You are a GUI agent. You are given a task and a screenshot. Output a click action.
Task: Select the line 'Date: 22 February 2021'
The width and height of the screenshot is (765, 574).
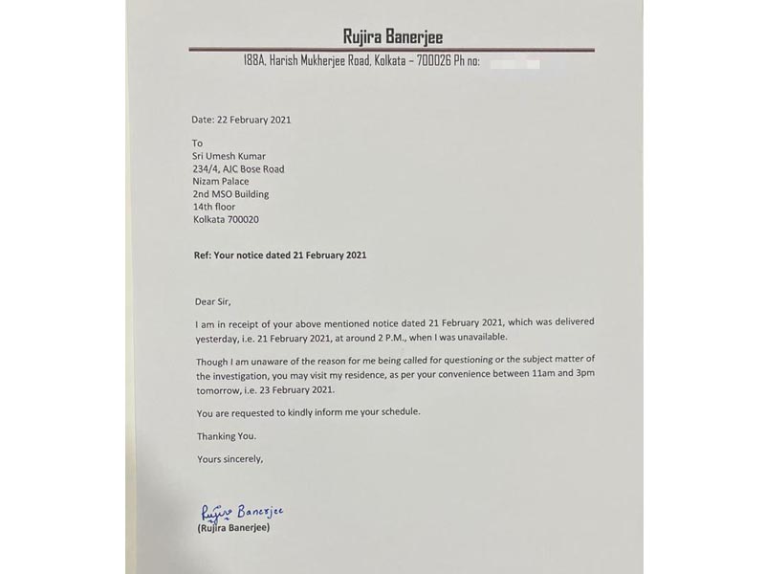241,121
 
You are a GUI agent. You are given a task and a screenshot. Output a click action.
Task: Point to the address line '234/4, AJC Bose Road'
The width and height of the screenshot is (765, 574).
238,169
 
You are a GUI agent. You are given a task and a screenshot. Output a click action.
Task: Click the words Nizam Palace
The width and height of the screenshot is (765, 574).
221,182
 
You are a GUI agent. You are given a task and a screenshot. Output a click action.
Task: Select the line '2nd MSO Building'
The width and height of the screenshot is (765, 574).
230,194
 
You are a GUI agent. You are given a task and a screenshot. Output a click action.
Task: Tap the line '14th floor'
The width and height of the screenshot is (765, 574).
214,207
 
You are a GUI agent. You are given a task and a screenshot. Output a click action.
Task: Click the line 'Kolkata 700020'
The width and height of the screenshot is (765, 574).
226,219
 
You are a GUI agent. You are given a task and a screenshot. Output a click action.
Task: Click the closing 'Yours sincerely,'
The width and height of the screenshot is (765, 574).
229,459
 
